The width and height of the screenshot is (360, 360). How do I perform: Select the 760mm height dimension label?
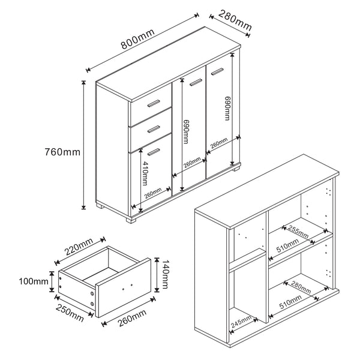pos(63,152)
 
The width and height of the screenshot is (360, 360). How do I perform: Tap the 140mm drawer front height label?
pos(160,273)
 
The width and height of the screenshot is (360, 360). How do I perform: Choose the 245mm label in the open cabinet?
pos(242,323)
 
